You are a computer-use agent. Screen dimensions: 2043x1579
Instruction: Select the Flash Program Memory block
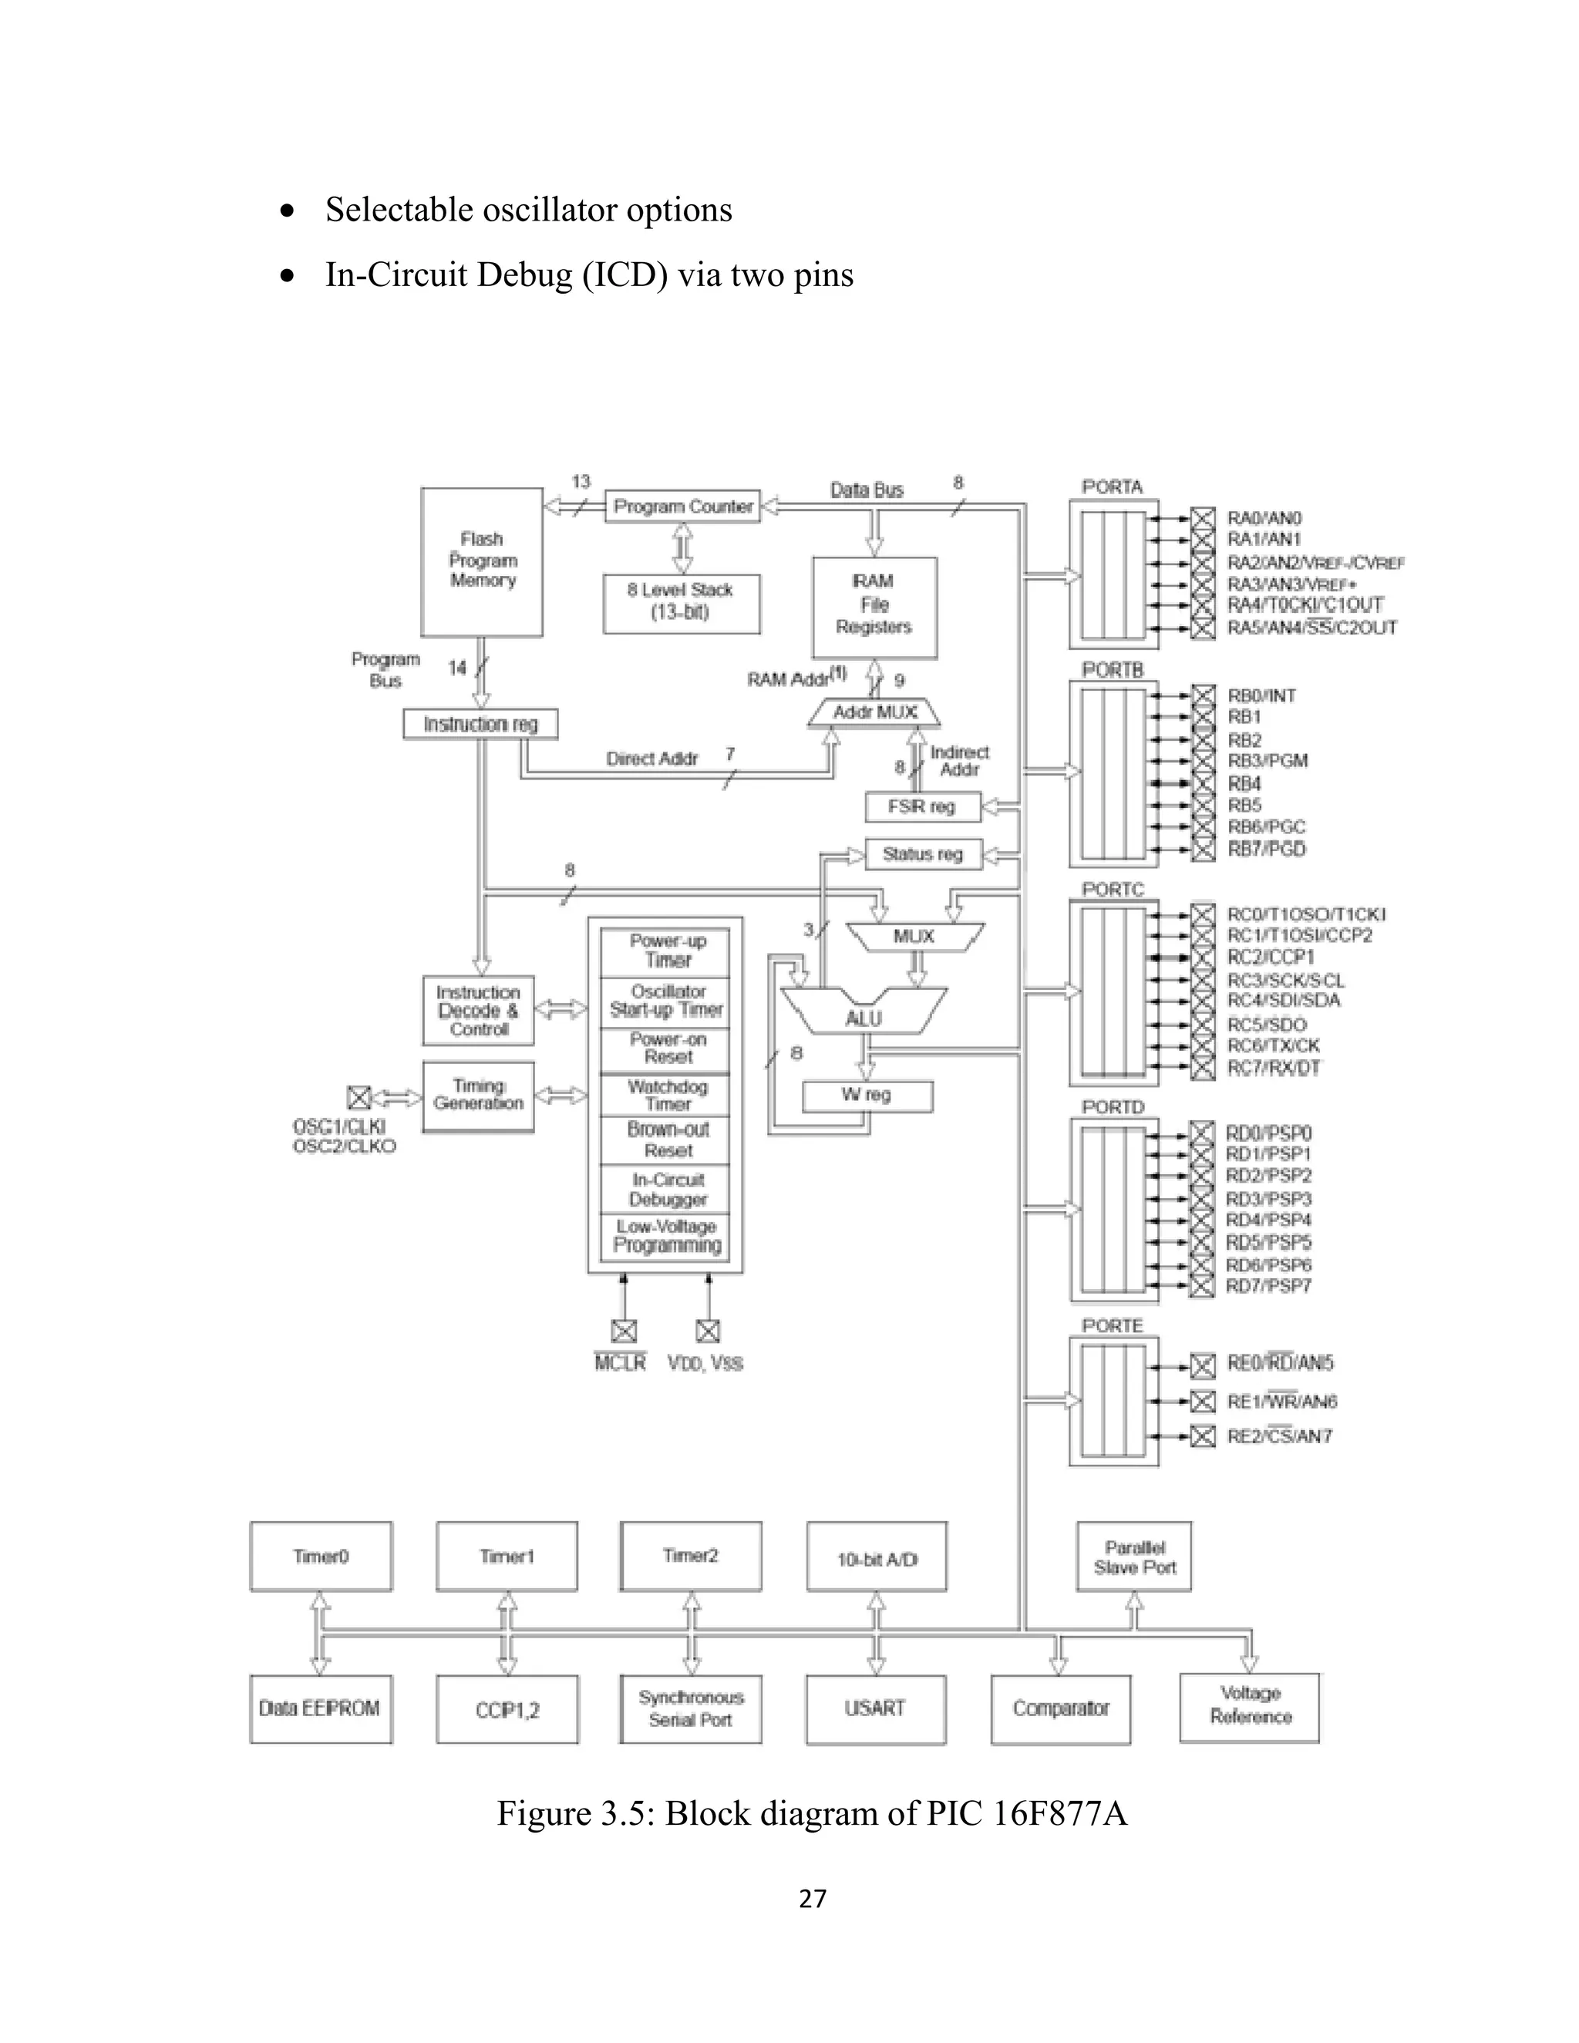pos(482,561)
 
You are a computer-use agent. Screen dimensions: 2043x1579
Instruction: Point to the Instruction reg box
pos(481,724)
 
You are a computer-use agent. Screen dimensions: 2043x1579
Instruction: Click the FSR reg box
pos(922,806)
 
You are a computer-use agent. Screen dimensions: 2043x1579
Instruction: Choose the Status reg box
pos(922,854)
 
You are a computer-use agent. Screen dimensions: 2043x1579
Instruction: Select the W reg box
pos(867,1096)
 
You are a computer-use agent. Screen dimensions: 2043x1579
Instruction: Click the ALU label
pos(864,1018)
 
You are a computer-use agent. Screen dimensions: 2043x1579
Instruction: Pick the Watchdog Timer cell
pos(667,1096)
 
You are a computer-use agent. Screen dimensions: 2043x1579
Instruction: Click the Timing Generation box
pos(478,1096)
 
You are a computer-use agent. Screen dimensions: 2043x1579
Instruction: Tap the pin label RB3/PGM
pos(1268,760)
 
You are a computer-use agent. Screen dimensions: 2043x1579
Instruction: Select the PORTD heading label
pos(1113,1106)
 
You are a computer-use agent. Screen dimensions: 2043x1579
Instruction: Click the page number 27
pos(813,1898)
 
